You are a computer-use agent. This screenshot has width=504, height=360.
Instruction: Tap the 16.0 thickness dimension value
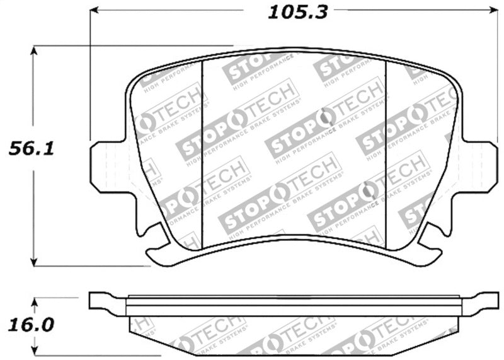pos(30,325)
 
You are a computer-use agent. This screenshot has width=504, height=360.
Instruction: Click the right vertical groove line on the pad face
pos(386,151)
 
